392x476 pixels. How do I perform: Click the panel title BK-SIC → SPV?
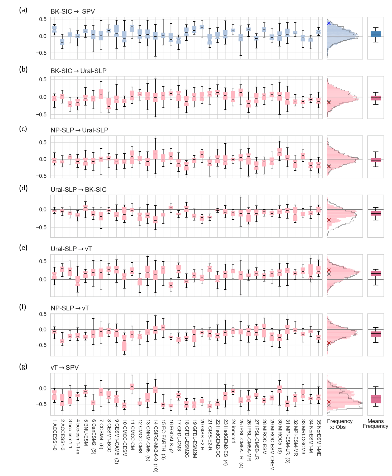point(73,12)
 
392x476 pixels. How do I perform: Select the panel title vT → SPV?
point(65,367)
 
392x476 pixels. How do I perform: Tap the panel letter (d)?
point(23,188)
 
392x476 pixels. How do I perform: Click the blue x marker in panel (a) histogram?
point(329,23)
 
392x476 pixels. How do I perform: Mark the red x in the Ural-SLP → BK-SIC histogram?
point(329,220)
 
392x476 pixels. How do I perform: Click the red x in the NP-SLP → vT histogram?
point(329,343)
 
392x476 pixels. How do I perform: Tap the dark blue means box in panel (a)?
point(376,34)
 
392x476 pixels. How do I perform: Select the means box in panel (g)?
point(376,399)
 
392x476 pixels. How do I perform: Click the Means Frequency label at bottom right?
point(375,423)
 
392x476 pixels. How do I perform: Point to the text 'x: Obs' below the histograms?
point(338,427)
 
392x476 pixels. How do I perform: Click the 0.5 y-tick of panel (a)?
point(43,19)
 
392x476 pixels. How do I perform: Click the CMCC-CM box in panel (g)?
point(132,387)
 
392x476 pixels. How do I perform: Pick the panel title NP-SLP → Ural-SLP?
point(79,130)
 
